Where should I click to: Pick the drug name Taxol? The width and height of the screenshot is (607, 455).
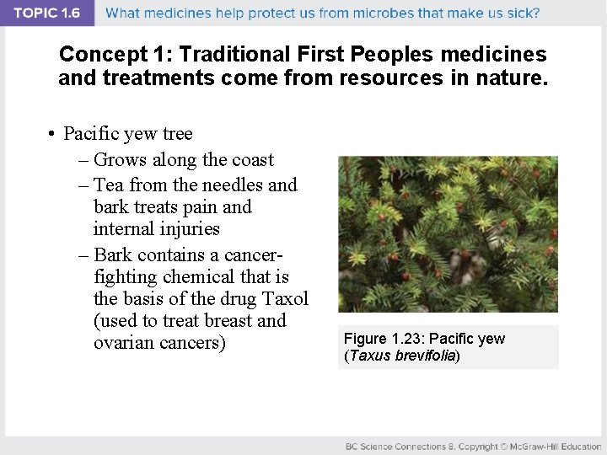[284, 298]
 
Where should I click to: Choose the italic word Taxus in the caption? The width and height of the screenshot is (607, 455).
[370, 356]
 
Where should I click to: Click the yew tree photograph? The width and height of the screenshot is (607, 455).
[448, 234]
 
